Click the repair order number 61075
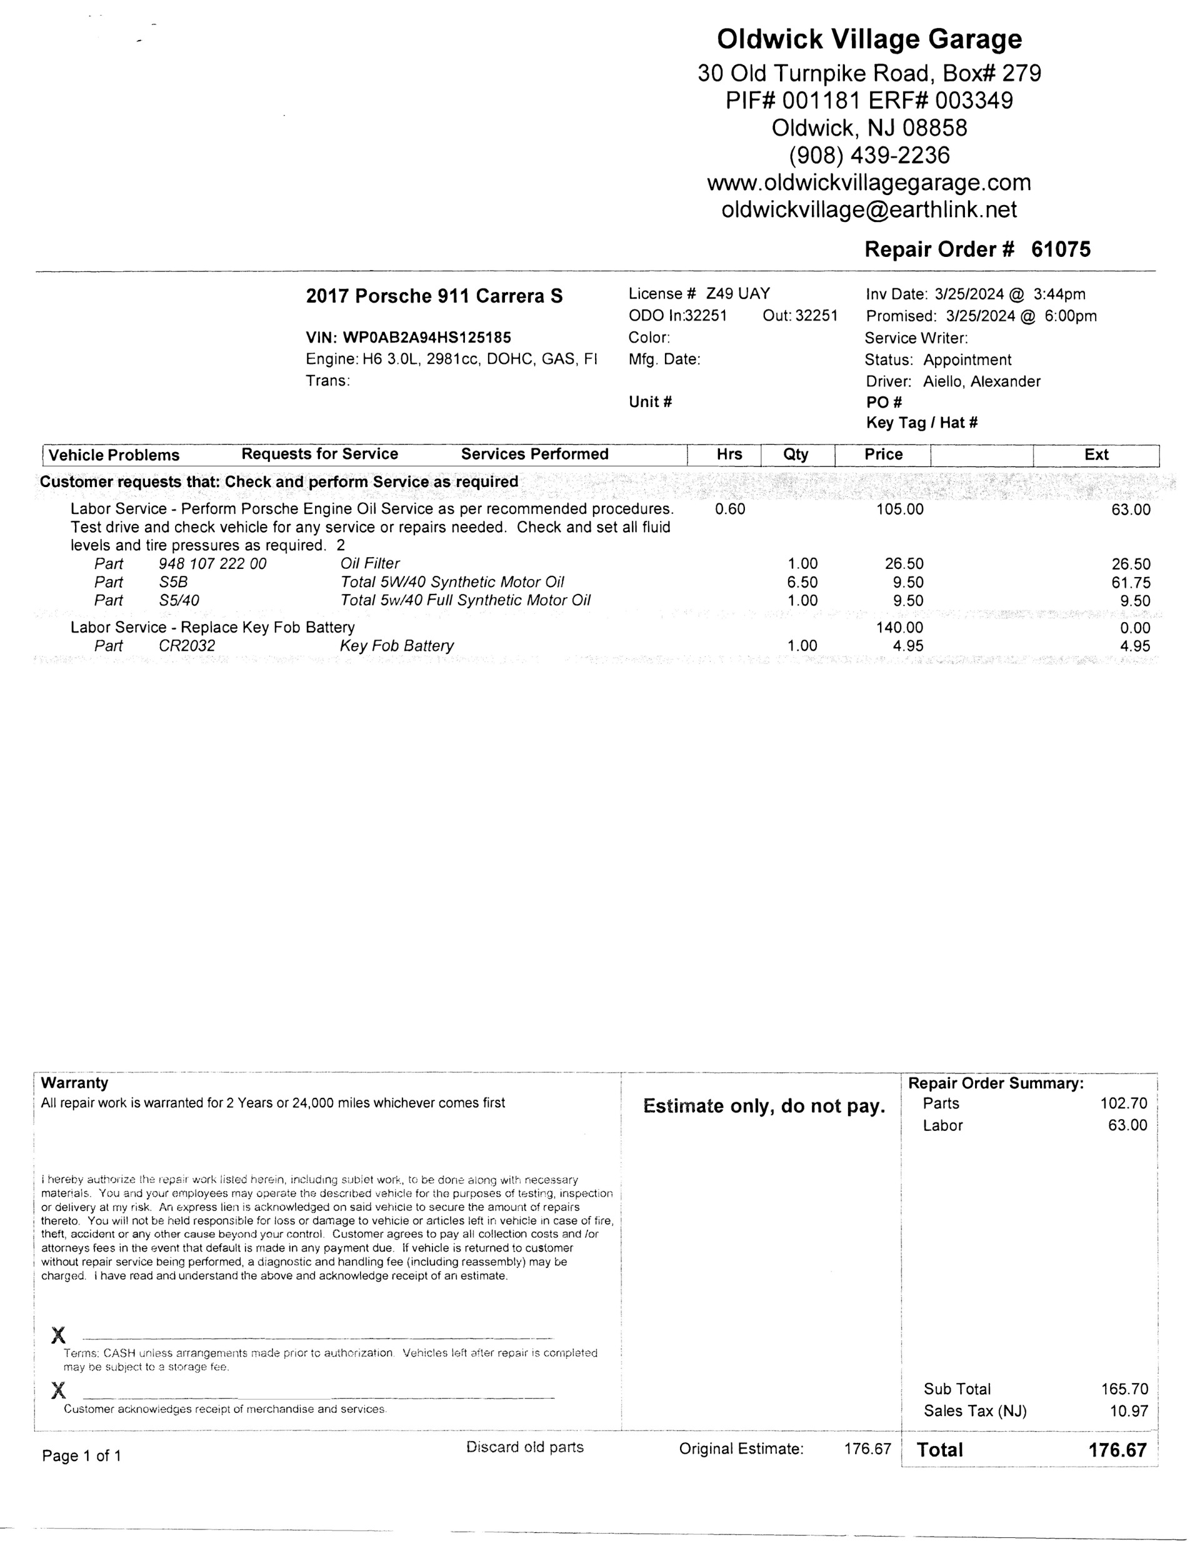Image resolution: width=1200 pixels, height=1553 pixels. pos(1061,249)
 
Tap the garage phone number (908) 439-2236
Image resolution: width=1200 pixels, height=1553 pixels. pos(869,155)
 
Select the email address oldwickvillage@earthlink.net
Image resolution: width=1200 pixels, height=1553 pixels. pos(869,210)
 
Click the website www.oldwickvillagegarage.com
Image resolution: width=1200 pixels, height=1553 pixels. pos(869,183)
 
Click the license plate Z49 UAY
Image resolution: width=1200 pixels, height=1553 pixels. pos(737,294)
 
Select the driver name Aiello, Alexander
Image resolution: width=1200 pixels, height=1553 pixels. pos(981,381)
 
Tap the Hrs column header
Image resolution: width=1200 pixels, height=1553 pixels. pos(729,455)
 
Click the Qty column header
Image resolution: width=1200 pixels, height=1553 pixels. pos(796,455)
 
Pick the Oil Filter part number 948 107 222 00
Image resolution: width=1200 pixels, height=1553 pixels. pos(212,564)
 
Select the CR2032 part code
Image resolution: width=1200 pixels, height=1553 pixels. pos(187,646)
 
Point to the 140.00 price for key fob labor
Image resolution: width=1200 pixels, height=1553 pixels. pos(899,627)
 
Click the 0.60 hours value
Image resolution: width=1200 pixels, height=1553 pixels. pos(730,509)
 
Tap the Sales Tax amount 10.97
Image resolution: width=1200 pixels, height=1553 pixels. pos(1128,1411)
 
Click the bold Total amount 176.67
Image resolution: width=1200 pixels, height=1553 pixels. pos(1117,1450)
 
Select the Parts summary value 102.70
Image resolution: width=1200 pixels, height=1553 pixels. pos(1123,1103)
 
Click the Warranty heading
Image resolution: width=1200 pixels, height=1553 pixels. pos(74,1083)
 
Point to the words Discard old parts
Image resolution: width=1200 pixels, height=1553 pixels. pos(524,1447)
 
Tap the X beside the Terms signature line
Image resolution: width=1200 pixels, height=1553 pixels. pos(59,1335)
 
